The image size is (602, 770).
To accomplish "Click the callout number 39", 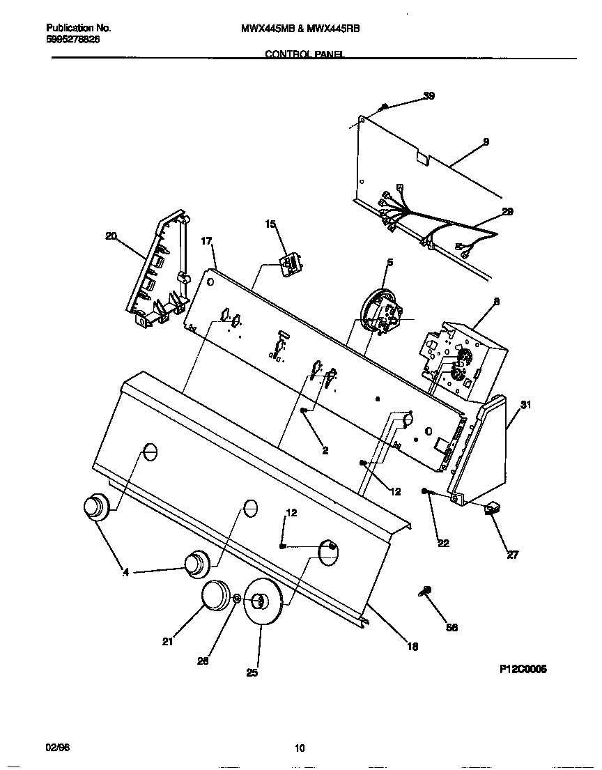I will (x=429, y=96).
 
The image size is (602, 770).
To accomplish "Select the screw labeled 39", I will (x=384, y=107).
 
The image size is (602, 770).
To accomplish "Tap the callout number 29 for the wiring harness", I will (x=507, y=212).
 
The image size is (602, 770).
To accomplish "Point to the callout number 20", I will (x=111, y=236).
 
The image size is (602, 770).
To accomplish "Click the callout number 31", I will (x=526, y=405).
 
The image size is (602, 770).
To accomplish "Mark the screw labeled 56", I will (x=426, y=592).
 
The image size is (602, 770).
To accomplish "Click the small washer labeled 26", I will (x=237, y=599).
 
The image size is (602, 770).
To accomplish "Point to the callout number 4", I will (x=126, y=573).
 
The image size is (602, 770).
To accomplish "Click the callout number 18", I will (x=412, y=647).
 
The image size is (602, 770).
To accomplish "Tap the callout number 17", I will (x=206, y=241).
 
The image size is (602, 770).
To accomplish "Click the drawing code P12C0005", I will (x=523, y=669).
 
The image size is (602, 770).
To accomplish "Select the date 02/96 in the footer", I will (x=58, y=748).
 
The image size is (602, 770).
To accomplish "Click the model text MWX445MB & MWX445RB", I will (x=300, y=28).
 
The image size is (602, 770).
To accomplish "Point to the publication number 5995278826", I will (x=74, y=40).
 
